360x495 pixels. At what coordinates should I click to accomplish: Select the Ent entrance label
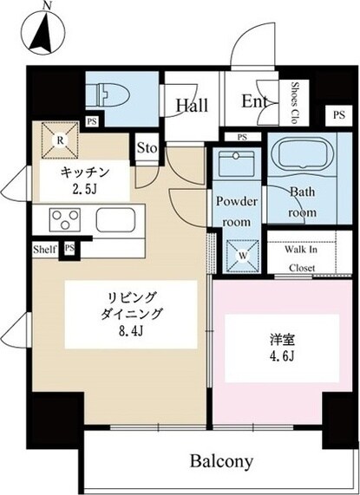(254, 103)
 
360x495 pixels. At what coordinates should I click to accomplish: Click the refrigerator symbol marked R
(60, 140)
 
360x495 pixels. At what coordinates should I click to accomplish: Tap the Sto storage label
(147, 147)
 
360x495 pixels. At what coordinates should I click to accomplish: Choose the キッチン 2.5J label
(84, 180)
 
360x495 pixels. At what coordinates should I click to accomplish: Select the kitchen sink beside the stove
(113, 218)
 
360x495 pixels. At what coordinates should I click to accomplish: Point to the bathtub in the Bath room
(303, 159)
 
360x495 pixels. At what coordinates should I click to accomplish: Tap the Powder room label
(237, 212)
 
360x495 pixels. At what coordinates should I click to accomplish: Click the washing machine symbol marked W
(238, 256)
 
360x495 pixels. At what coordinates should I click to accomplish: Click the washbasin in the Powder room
(237, 164)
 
